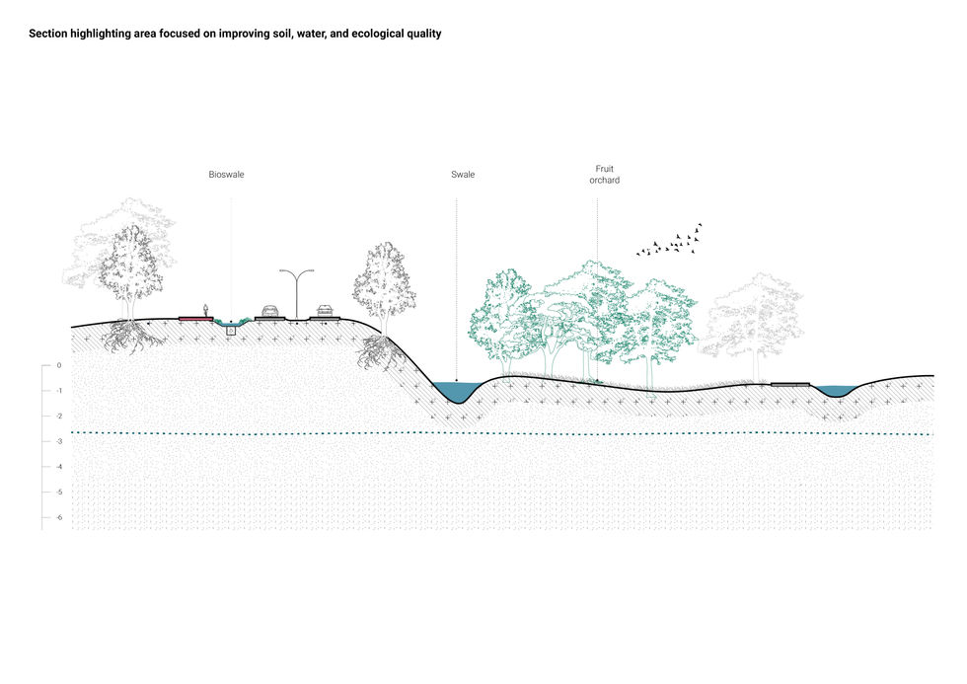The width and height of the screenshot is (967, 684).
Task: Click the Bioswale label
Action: [226, 175]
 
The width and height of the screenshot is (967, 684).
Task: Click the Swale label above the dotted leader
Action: [463, 175]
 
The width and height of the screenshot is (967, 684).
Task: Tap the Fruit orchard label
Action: [604, 175]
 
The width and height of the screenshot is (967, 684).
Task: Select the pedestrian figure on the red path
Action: [205, 310]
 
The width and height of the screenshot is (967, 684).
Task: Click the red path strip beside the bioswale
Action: [195, 319]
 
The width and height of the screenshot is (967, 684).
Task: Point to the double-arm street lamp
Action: [296, 292]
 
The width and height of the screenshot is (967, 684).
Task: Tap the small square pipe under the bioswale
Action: [231, 331]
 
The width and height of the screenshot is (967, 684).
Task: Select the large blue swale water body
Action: [457, 392]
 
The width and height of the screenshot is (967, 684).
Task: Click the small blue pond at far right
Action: [836, 391]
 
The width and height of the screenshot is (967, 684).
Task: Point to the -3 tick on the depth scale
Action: [58, 441]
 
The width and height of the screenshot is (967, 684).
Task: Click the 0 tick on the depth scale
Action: [58, 365]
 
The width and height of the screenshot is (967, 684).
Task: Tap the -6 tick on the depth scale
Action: [58, 517]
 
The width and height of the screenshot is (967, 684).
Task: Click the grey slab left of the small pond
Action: [789, 384]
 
